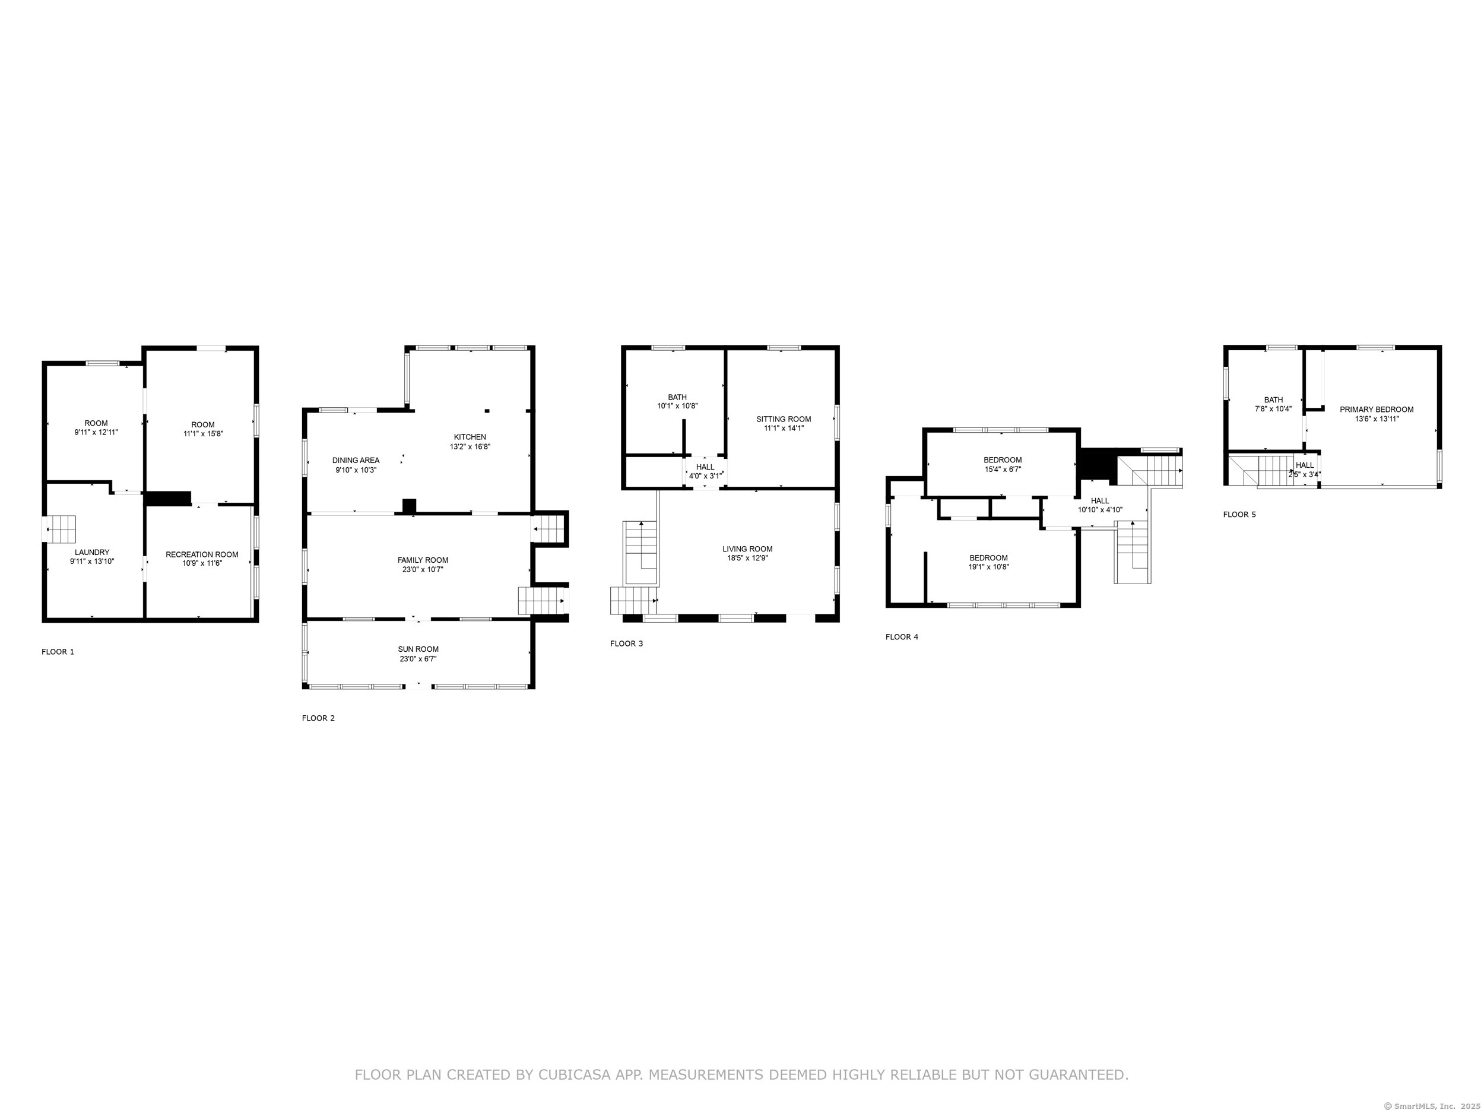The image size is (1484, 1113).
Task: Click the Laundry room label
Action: [92, 552]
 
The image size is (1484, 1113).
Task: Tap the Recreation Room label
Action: [202, 554]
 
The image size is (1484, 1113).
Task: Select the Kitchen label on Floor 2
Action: [470, 437]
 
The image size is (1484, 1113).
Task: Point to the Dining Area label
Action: [356, 460]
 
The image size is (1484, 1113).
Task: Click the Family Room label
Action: [423, 560]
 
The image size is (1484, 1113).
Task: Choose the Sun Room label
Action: [418, 649]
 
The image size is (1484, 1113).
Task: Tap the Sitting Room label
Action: [784, 418]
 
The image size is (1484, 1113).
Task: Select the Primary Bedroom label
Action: [1377, 409]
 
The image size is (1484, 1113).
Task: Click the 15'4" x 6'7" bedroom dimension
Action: [1003, 470]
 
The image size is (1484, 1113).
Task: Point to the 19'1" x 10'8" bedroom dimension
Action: [988, 567]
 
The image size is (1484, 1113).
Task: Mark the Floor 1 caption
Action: [58, 651]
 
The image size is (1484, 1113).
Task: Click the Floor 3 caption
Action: [627, 643]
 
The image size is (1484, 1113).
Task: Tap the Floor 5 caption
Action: [1239, 515]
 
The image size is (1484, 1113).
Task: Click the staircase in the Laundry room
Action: [59, 529]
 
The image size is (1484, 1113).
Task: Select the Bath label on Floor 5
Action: [1273, 400]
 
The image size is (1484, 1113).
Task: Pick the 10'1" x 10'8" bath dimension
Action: [678, 406]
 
